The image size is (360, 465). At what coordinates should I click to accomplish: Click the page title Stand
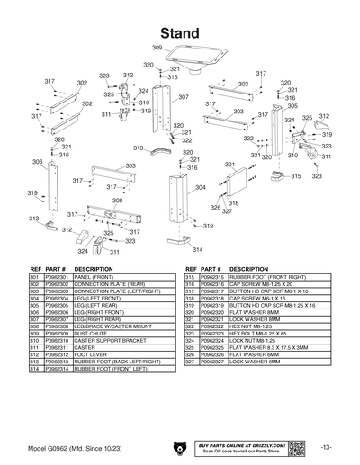click(180, 33)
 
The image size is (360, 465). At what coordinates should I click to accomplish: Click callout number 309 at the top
click(157, 48)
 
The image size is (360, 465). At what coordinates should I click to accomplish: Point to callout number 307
click(183, 97)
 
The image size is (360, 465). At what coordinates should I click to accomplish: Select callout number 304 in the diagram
click(200, 187)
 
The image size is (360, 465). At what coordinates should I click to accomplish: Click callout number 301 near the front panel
click(229, 165)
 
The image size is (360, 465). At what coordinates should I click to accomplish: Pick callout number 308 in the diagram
click(104, 201)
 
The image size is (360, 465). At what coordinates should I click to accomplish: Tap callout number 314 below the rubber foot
click(197, 249)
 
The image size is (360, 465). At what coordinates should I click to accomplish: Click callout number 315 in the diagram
click(295, 177)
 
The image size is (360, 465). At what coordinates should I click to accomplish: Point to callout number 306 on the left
click(38, 163)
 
